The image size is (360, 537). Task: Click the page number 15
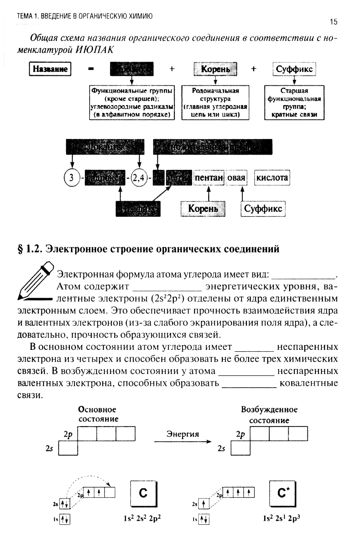tap(333, 22)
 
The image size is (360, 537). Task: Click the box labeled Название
tap(50, 69)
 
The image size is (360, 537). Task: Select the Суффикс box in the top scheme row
tap(294, 69)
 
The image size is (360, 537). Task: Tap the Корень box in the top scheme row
tap(215, 69)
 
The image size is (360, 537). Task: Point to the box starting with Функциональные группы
tap(132, 103)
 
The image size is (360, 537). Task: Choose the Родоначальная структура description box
tap(215, 103)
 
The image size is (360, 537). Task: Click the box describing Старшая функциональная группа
tap(294, 103)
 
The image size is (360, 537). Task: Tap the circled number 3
tap(72, 178)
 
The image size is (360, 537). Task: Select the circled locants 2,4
tap(138, 178)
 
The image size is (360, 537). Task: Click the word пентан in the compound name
tap(209, 178)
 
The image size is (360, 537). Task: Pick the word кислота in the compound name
tap(272, 178)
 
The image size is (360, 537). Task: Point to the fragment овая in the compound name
tap(236, 178)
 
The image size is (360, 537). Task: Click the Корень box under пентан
tap(203, 209)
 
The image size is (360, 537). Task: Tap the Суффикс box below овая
tap(263, 209)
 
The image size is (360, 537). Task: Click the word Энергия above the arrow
tap(183, 434)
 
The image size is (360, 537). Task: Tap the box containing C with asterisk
tap(282, 493)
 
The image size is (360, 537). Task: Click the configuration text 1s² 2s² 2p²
tap(142, 519)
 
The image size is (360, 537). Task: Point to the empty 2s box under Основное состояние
tap(68, 448)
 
